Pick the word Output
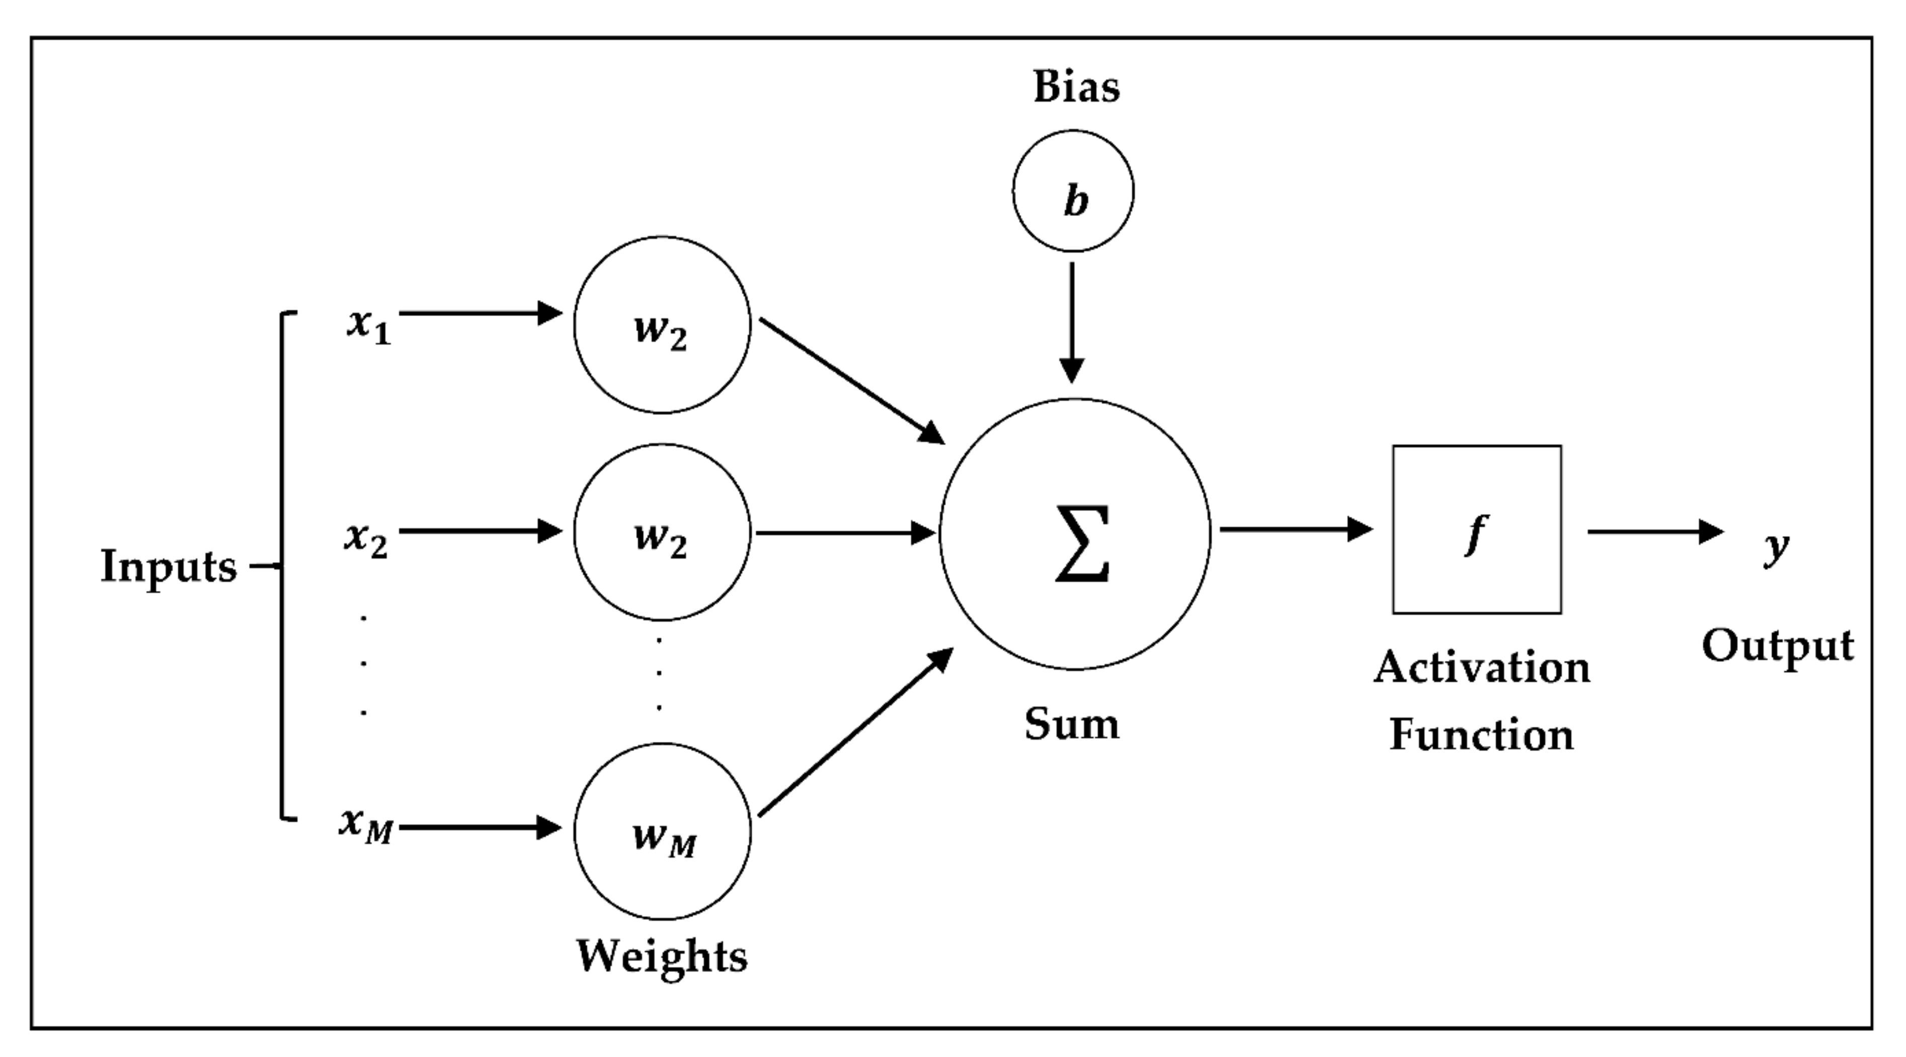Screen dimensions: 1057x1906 coord(1777,646)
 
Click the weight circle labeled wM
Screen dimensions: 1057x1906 coord(662,831)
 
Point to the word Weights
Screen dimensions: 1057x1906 coord(662,956)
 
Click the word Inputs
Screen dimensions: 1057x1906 coord(169,567)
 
